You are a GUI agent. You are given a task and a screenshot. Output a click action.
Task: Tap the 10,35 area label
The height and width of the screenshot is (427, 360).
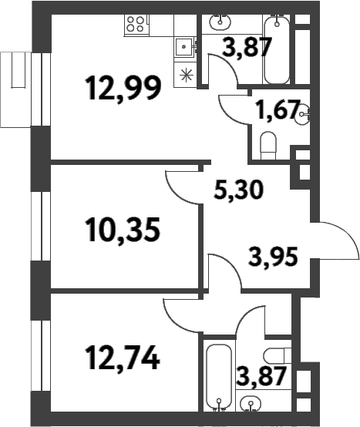(x=123, y=229)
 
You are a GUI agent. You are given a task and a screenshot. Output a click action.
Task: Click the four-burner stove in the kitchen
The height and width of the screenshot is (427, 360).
(x=136, y=23)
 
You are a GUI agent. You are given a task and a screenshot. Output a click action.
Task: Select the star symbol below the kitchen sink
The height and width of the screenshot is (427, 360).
(x=186, y=75)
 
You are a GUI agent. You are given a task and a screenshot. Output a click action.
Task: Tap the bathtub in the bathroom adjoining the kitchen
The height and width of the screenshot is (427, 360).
(x=276, y=49)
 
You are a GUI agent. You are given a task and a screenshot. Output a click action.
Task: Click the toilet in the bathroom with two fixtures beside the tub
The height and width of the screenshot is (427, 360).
(x=274, y=355)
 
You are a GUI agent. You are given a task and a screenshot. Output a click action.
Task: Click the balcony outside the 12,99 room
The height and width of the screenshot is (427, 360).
(x=15, y=89)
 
